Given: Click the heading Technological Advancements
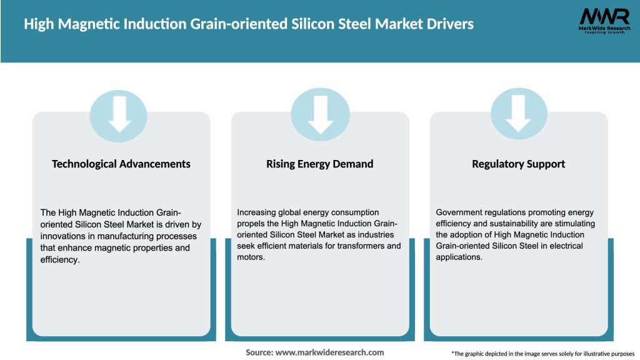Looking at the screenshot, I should pos(121,164).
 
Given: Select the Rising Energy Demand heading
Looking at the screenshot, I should pos(320,164).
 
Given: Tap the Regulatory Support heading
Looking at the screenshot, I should pos(518,164).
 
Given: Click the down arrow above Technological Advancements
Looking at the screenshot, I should pos(119,112).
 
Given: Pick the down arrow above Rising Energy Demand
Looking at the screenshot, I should pos(320,112).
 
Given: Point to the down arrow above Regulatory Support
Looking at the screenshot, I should pos(518,112).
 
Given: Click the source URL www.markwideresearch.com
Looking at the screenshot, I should pos(329,352).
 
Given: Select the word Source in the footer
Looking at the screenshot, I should pos(259,352).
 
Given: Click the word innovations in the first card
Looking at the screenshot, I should pos(62,236).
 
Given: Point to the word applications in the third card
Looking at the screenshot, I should pos(459,257).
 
